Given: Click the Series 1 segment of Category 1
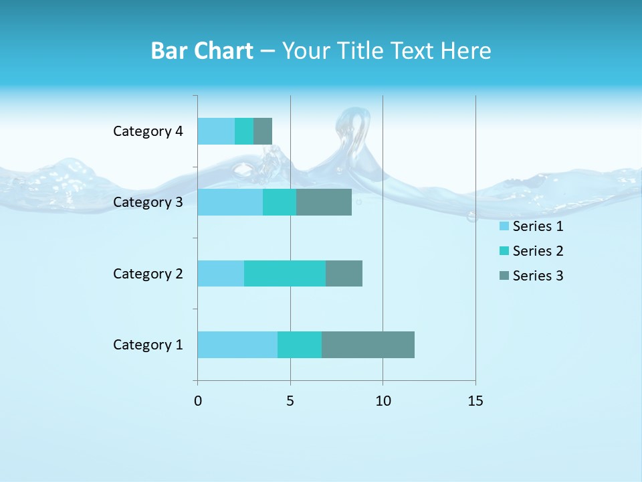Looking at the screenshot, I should coord(237,345).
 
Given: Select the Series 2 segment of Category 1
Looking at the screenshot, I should coord(300,345).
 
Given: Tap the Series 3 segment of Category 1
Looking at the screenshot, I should coord(368,345).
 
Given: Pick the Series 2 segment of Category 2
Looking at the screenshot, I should coord(285,273).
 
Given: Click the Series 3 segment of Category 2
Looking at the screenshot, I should coord(344,273).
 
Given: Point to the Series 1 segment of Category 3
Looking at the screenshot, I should coord(230,202).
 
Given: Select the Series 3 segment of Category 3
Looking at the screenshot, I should coord(324,202).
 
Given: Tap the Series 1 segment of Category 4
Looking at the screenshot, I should coord(216,131).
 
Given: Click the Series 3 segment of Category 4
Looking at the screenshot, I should coord(263,131).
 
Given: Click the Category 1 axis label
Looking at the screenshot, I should coord(148,345).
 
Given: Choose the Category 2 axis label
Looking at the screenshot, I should coord(148,273).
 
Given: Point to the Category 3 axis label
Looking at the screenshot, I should coord(148,202).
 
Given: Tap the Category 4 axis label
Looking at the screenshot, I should coord(148,131).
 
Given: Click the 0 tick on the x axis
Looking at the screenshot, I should coord(197,401).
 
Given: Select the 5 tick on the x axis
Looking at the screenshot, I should coord(290,401).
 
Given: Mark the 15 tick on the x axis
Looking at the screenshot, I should coord(475,401).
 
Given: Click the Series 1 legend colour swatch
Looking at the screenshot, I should coord(504,226).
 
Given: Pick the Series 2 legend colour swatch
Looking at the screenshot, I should coord(504,251).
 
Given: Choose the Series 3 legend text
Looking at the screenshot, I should coord(538,276).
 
